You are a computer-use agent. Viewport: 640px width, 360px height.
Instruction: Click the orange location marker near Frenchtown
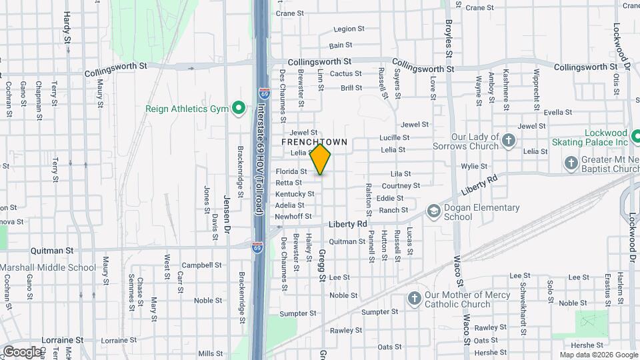coord(321,159)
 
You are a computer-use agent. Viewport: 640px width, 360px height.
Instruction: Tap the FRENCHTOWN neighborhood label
coord(314,142)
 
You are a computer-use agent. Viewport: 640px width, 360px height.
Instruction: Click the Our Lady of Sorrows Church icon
coord(509,141)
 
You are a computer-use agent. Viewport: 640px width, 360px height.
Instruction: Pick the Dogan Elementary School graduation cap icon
coord(433,212)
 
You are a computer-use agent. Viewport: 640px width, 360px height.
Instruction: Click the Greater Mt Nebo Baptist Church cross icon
coord(571,163)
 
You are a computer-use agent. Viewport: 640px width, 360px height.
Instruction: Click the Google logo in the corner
coord(21,351)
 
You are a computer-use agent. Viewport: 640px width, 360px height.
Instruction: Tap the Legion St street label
coord(349,29)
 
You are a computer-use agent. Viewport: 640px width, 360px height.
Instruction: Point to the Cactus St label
coord(345,74)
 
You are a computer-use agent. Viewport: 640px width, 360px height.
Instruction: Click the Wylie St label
coord(474,166)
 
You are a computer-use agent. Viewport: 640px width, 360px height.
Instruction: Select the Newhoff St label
coord(293,217)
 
